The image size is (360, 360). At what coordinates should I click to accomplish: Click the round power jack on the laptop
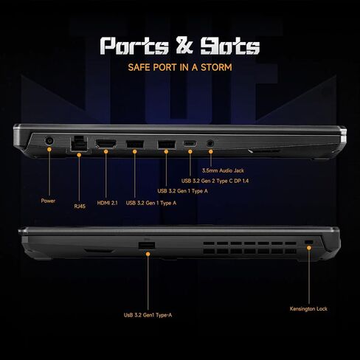(49, 141)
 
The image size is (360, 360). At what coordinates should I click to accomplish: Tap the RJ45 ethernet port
(79, 144)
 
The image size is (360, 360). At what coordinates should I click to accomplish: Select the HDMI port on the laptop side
(106, 144)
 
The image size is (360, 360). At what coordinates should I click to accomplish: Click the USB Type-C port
(190, 143)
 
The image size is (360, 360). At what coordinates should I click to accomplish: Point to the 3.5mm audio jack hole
(210, 143)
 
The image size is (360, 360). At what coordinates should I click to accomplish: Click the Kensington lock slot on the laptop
(308, 242)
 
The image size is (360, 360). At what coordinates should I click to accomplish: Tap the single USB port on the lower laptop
(147, 246)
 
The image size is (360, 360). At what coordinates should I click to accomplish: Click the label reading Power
(48, 201)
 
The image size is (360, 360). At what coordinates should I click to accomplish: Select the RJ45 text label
(80, 206)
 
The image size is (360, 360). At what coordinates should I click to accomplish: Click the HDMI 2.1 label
(107, 203)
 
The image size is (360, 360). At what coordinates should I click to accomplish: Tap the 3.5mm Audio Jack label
(223, 170)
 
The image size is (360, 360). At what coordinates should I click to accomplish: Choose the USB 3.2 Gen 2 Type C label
(215, 181)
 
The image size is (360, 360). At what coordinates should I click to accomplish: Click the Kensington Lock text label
(308, 309)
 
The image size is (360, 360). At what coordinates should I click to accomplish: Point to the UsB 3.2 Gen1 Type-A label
(148, 315)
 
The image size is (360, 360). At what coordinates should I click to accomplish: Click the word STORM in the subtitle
(216, 67)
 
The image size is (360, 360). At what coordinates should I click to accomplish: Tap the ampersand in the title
(184, 45)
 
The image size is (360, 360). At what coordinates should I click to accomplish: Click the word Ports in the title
(134, 46)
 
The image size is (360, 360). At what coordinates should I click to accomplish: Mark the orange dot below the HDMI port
(106, 152)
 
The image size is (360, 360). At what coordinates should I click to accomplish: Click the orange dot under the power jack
(49, 149)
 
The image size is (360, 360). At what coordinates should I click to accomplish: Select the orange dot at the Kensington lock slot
(309, 248)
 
